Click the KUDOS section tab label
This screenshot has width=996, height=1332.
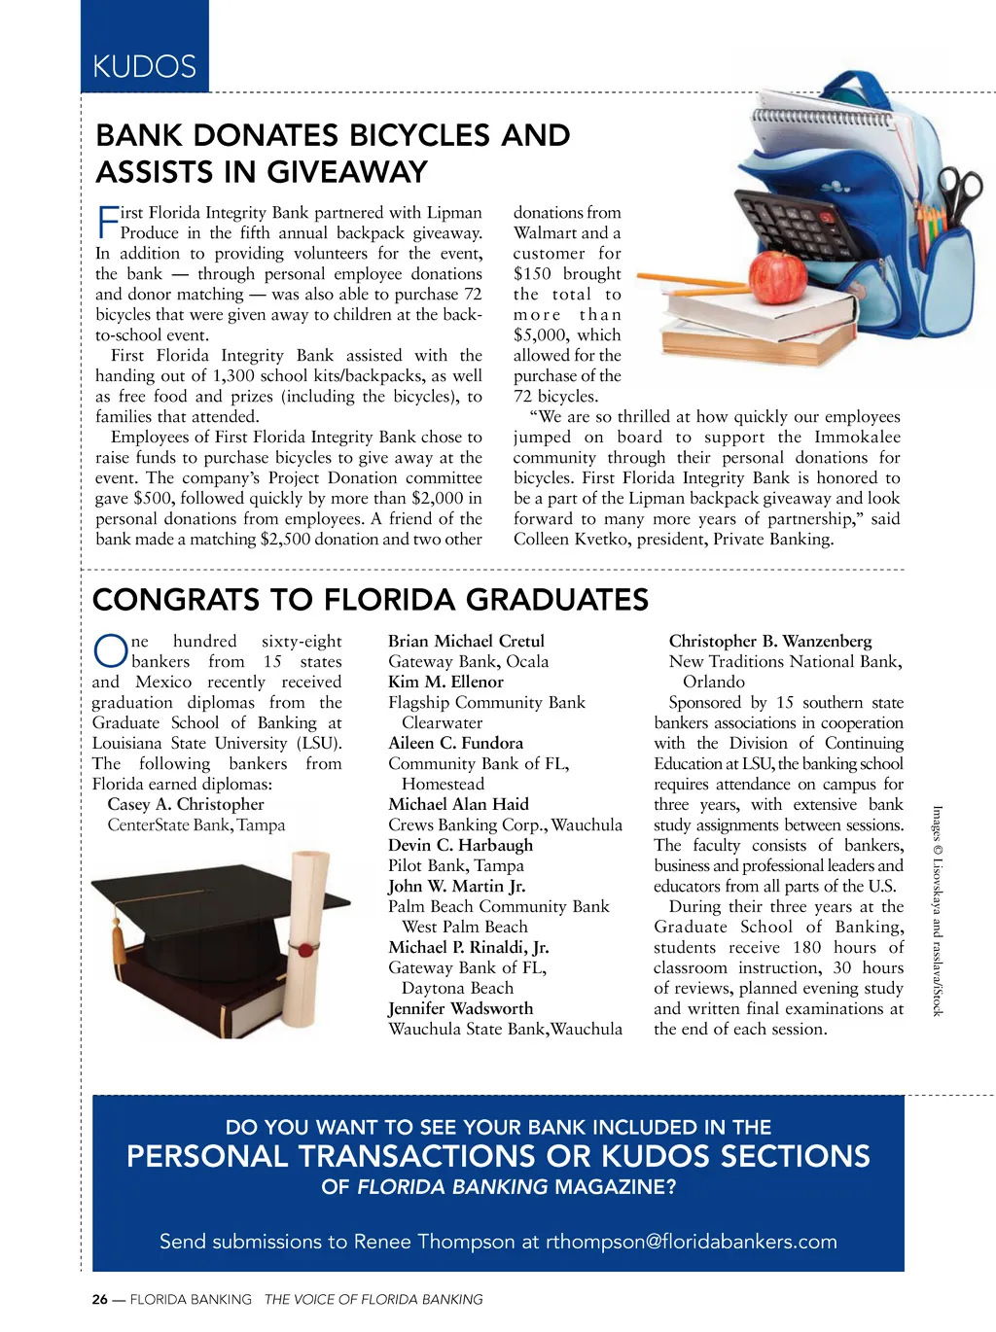tap(144, 66)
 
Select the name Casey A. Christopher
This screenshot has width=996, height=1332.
tap(185, 804)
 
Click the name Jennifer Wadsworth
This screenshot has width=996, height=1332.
tap(460, 1008)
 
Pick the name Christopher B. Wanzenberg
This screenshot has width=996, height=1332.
tap(769, 641)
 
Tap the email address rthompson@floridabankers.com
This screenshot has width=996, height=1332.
tap(691, 1242)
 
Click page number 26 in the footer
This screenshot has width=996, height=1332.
tap(100, 1299)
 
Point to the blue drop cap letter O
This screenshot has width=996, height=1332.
tap(110, 652)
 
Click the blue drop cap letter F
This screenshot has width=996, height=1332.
tap(107, 222)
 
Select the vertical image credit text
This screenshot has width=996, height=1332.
tap(938, 910)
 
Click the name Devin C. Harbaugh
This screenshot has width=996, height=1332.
tap(460, 845)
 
